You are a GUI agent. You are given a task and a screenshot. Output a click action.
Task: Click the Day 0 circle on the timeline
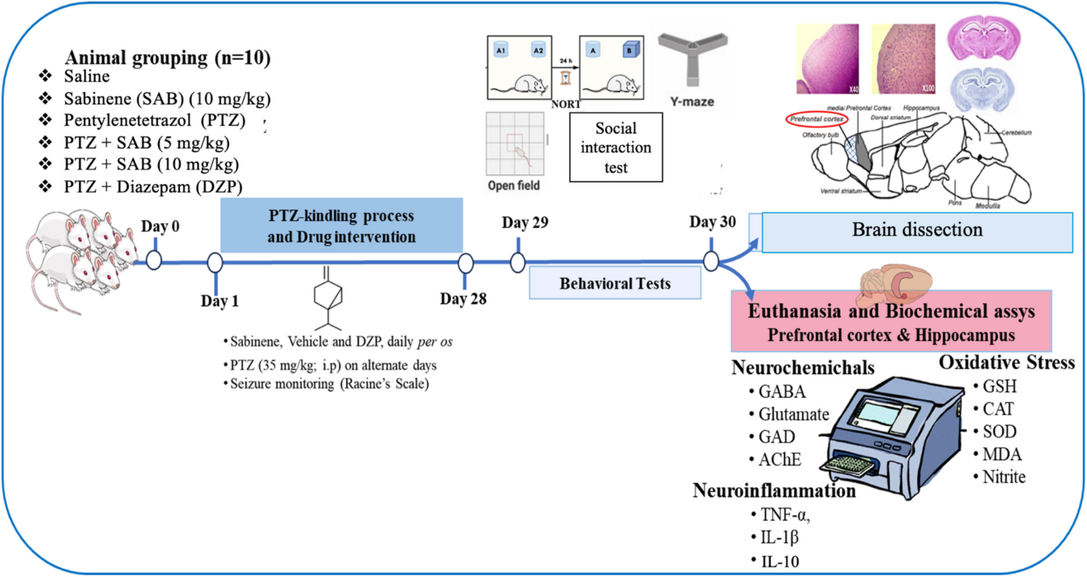coord(154,261)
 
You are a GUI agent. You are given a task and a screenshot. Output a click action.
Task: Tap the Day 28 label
coord(463,299)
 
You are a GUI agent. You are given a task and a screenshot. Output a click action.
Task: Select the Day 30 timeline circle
coord(711,261)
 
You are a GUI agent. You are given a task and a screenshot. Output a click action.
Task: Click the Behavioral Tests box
coord(615,283)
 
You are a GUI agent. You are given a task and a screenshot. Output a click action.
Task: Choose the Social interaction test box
coord(616,147)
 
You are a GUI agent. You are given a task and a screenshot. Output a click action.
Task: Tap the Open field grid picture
coord(515,144)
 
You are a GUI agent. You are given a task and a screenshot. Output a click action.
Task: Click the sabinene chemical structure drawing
coord(328,297)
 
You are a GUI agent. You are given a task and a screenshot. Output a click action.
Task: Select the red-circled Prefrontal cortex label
coord(817,119)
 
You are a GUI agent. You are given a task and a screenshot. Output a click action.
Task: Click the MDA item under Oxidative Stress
coord(1001,454)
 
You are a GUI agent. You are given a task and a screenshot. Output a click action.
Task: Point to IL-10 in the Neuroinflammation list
coord(780,562)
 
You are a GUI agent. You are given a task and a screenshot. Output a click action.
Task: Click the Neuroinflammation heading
coord(774,490)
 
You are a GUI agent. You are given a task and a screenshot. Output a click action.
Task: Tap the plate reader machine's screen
coord(887,415)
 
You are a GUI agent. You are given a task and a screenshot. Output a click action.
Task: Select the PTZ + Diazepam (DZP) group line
coord(153,187)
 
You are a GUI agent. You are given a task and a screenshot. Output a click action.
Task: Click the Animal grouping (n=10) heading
coord(167,58)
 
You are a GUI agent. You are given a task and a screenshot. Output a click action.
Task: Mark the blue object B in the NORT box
coord(630,50)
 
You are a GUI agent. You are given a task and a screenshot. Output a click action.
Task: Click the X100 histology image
coord(903,58)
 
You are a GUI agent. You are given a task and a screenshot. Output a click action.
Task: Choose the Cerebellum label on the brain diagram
coord(1016,132)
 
